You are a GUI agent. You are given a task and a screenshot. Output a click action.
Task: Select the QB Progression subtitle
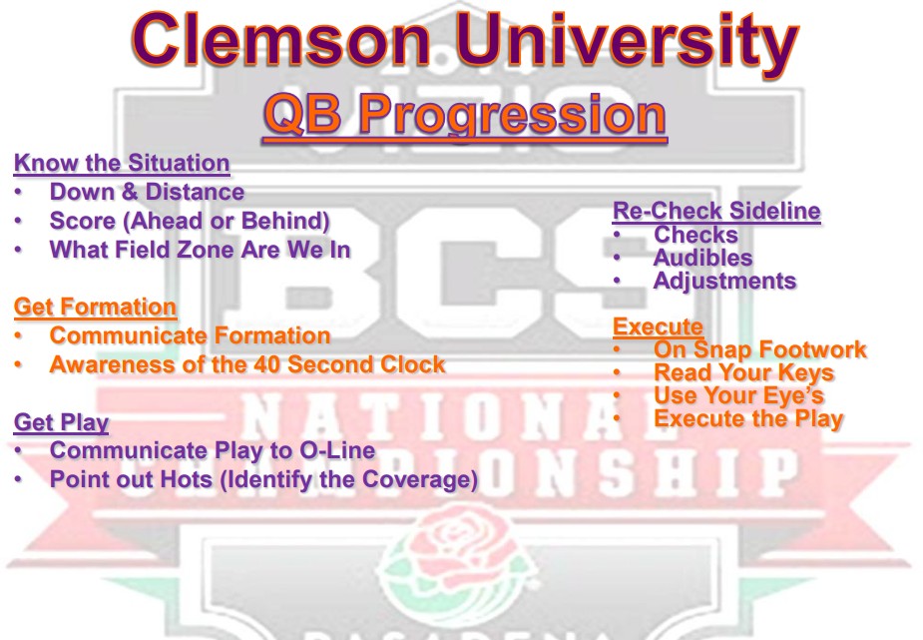(464, 114)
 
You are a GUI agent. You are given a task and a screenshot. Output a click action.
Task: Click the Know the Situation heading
(122, 163)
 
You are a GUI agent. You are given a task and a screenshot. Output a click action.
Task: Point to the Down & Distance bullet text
(147, 192)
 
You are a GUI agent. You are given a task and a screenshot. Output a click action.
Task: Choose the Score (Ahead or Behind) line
(190, 221)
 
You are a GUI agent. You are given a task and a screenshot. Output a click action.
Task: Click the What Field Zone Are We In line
(200, 250)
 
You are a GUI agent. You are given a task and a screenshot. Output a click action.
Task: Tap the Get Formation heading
(95, 307)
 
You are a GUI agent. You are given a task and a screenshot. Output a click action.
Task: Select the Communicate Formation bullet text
(190, 335)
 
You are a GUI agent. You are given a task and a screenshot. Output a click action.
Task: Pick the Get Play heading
(61, 422)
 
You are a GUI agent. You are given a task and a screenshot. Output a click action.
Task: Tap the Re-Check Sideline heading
(716, 212)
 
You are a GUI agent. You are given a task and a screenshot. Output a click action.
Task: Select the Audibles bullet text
(702, 258)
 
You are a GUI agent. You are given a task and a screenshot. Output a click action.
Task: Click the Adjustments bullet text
(724, 281)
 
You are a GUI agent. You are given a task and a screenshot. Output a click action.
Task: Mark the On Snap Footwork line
(759, 349)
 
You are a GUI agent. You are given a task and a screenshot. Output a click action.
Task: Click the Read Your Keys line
(743, 372)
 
